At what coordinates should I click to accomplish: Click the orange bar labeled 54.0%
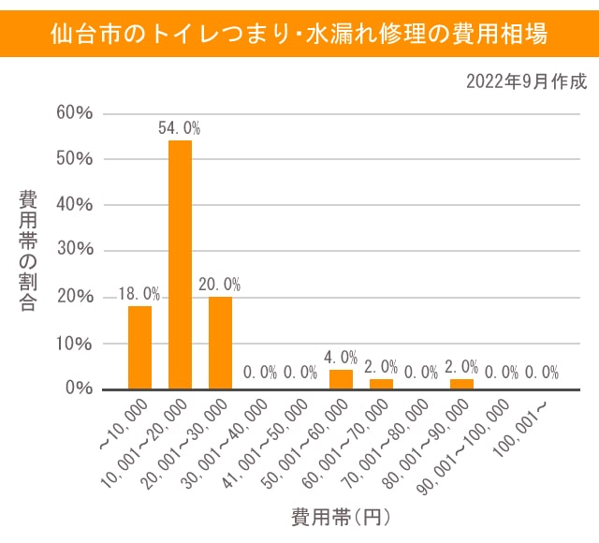point(180,265)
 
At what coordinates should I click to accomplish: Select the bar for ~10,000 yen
point(139,347)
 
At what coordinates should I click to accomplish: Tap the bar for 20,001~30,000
point(220,343)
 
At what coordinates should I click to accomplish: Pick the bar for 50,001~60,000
point(341,379)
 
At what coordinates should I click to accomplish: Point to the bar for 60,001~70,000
point(381,384)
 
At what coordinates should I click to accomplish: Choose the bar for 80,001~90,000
point(461,384)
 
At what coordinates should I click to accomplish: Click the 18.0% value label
point(139,295)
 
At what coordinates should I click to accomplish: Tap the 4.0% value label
point(341,358)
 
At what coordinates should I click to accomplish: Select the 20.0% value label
point(220,285)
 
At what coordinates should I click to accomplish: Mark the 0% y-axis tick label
point(78,389)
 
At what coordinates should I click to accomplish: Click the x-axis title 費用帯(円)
point(340,516)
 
